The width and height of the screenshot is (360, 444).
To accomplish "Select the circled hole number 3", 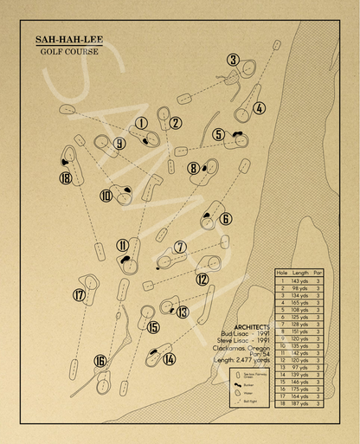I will pyautogui.click(x=233, y=60).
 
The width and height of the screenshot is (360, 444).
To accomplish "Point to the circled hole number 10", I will pyautogui.click(x=106, y=196).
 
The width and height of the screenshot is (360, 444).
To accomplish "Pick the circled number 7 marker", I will pyautogui.click(x=180, y=248).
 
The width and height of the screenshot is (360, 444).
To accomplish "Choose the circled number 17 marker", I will pyautogui.click(x=80, y=295).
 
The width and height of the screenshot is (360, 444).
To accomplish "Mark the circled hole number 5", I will pyautogui.click(x=219, y=134).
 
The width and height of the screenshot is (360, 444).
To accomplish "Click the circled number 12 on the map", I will pyautogui.click(x=202, y=279).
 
